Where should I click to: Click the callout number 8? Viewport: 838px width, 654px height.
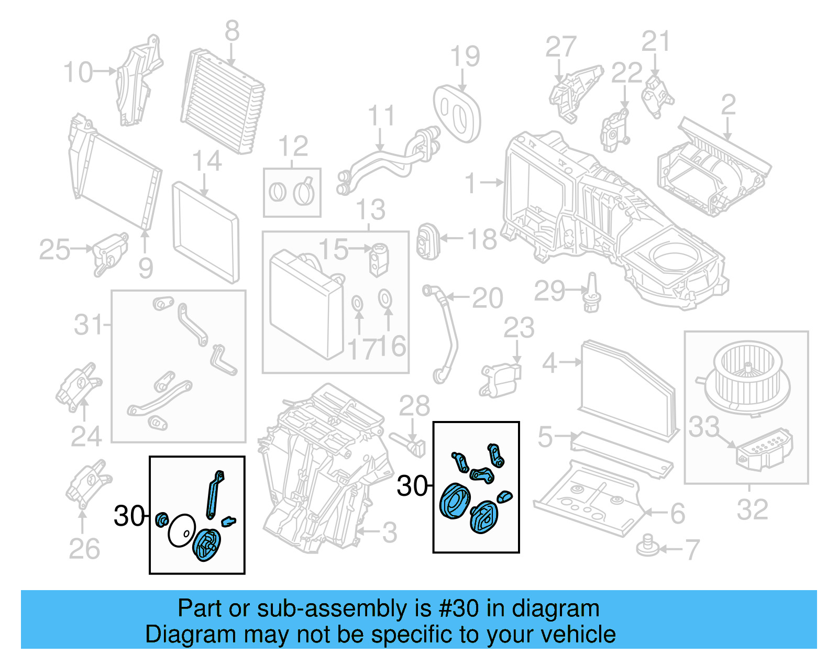coord(232,32)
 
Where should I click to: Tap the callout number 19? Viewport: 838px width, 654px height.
coord(465,57)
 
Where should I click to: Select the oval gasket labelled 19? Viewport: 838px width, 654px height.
coord(457,114)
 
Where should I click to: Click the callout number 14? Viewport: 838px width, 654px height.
coord(207,161)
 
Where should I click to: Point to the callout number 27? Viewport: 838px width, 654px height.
coord(560,47)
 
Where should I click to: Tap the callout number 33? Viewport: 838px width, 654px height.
coord(703,427)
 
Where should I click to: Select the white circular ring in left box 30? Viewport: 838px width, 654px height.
coord(181,530)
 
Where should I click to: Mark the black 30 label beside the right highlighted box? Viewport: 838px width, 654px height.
coord(412,486)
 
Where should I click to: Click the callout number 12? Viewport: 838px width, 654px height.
coord(293,147)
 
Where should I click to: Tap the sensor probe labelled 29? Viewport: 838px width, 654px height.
coord(592,293)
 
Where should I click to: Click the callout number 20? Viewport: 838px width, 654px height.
coord(487,298)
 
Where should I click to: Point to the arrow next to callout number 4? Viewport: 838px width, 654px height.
coord(571,362)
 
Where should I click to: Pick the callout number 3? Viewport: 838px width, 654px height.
coord(389,533)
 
